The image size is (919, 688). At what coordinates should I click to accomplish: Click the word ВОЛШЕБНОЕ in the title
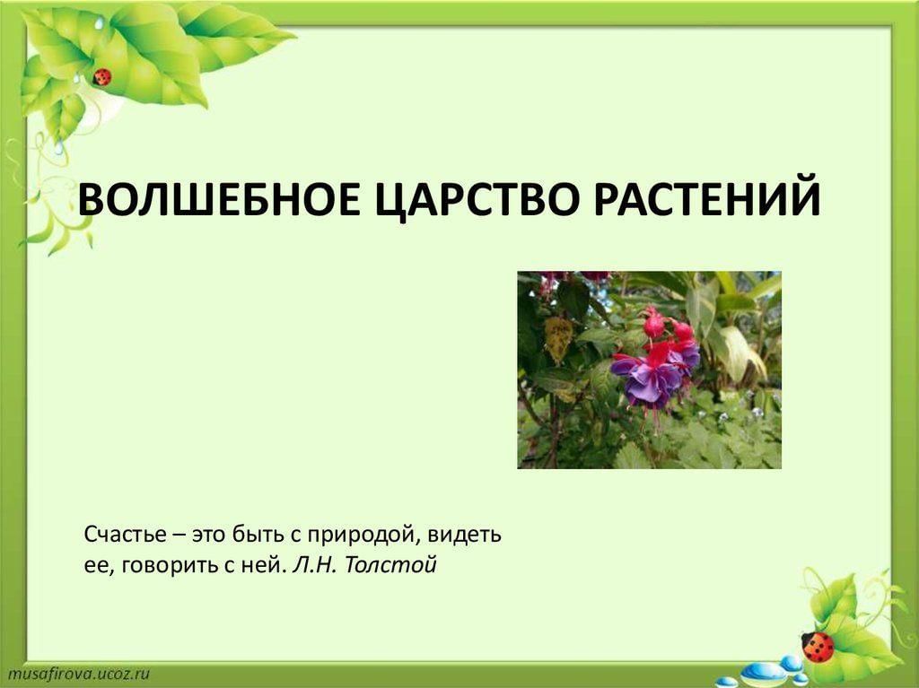tap(217, 198)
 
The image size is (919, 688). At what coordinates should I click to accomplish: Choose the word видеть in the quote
tap(465, 535)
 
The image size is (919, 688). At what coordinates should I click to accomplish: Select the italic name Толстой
tap(391, 565)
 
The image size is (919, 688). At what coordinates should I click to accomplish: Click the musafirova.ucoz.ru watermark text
tap(79, 674)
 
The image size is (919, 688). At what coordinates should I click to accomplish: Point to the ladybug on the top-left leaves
tap(102, 77)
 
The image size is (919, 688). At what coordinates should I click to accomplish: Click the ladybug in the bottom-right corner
tap(818, 647)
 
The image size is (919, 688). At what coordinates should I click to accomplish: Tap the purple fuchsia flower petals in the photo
tap(651, 379)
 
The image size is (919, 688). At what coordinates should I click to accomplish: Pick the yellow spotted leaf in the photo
tap(557, 339)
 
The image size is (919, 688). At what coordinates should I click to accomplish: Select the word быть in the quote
tap(256, 535)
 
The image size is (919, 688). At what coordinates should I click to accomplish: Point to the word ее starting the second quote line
tap(97, 567)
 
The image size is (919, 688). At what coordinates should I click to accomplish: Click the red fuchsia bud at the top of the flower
tap(653, 324)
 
